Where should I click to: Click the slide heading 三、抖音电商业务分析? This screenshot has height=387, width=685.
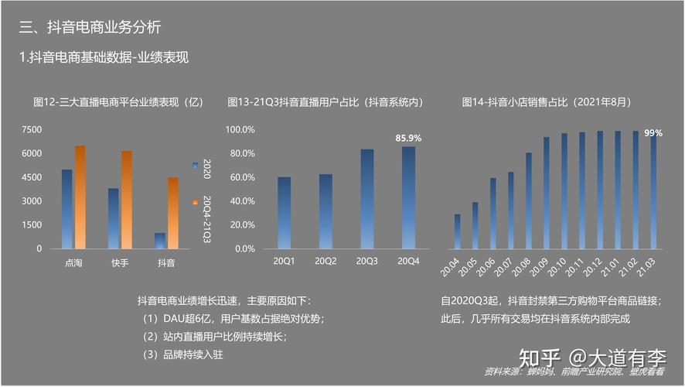[x=90, y=27]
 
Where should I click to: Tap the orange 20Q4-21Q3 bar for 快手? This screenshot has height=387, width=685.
[x=127, y=200]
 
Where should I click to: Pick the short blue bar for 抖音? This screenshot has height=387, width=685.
[x=160, y=241]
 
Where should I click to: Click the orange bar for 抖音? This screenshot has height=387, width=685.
[x=173, y=213]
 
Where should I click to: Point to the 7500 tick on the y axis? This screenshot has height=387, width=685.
[x=32, y=130]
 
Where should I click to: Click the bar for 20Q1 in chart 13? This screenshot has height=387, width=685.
[x=285, y=213]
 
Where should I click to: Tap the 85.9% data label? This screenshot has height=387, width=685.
[x=408, y=138]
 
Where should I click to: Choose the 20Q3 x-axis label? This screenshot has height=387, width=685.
[x=366, y=262]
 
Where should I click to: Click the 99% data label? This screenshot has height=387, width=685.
[x=653, y=133]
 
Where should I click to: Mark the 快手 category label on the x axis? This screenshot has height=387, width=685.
[x=120, y=263]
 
